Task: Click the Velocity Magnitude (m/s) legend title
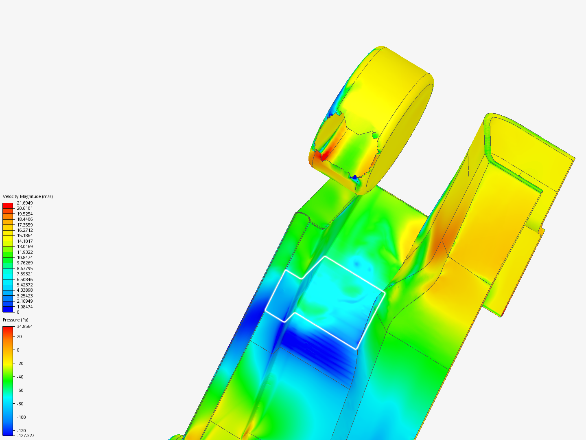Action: click(x=28, y=196)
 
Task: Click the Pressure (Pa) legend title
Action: click(x=15, y=320)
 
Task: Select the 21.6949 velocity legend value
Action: click(x=25, y=203)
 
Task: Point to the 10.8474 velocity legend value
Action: click(x=25, y=257)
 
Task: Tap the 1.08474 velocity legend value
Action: click(x=25, y=307)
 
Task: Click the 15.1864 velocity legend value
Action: click(x=25, y=235)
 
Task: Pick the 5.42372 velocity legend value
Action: click(x=25, y=285)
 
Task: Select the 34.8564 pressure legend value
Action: click(x=25, y=326)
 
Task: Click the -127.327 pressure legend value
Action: click(x=26, y=436)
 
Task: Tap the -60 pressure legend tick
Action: click(x=20, y=390)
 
